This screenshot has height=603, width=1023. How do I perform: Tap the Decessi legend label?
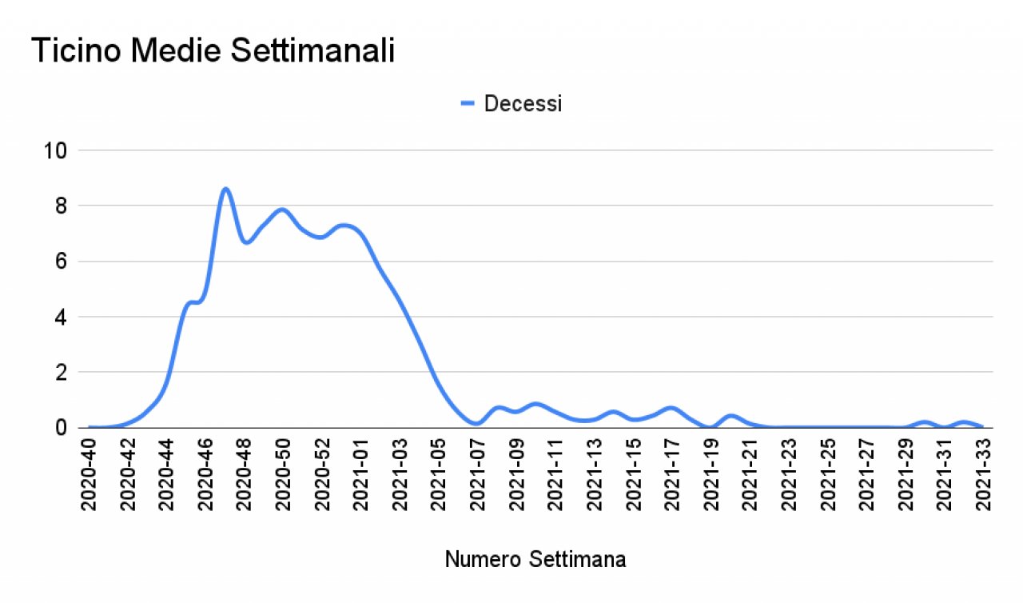(523, 104)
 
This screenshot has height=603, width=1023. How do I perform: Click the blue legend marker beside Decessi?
(468, 103)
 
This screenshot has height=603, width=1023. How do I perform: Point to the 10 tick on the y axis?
(57, 150)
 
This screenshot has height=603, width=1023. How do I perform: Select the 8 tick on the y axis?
(62, 206)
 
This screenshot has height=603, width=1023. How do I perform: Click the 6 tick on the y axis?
(62, 262)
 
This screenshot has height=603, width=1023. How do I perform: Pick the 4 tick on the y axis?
(62, 317)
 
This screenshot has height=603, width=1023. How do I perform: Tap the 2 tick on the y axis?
(62, 373)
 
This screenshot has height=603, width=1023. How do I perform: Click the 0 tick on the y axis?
(62, 428)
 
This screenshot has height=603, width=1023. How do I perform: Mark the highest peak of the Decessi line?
(225, 189)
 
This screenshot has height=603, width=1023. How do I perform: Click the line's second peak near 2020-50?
(281, 210)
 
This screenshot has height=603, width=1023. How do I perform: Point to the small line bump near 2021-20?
(730, 416)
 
